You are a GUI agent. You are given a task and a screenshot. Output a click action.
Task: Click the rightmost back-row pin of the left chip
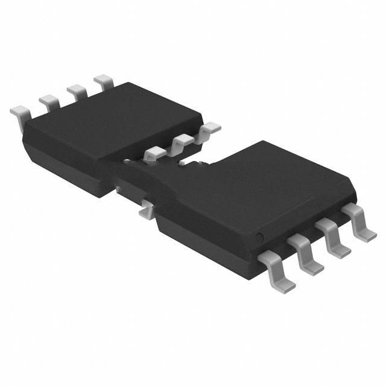[x=103, y=80]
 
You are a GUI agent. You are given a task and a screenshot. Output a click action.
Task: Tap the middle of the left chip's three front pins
[x=182, y=142]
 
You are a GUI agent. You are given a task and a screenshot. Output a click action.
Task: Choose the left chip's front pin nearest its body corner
[x=209, y=128]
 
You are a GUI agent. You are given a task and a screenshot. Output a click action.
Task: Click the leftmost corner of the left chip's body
[x=23, y=136]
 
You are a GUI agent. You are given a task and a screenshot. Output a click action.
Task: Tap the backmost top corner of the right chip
[x=264, y=142]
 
